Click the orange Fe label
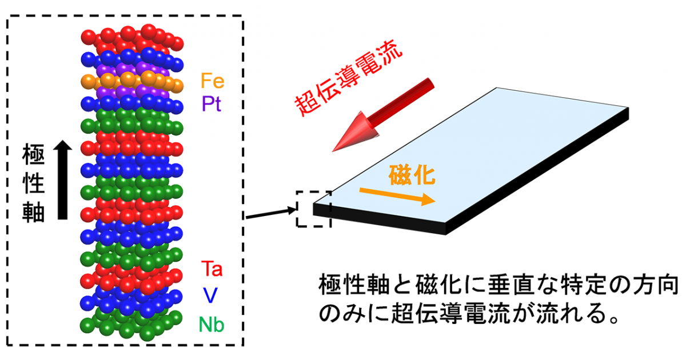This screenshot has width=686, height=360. [x=212, y=81]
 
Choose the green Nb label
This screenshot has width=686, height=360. [x=212, y=325]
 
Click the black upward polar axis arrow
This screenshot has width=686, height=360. [x=62, y=180]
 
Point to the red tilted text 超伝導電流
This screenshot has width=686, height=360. [x=349, y=79]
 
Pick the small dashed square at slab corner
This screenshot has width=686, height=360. [x=313, y=209]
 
